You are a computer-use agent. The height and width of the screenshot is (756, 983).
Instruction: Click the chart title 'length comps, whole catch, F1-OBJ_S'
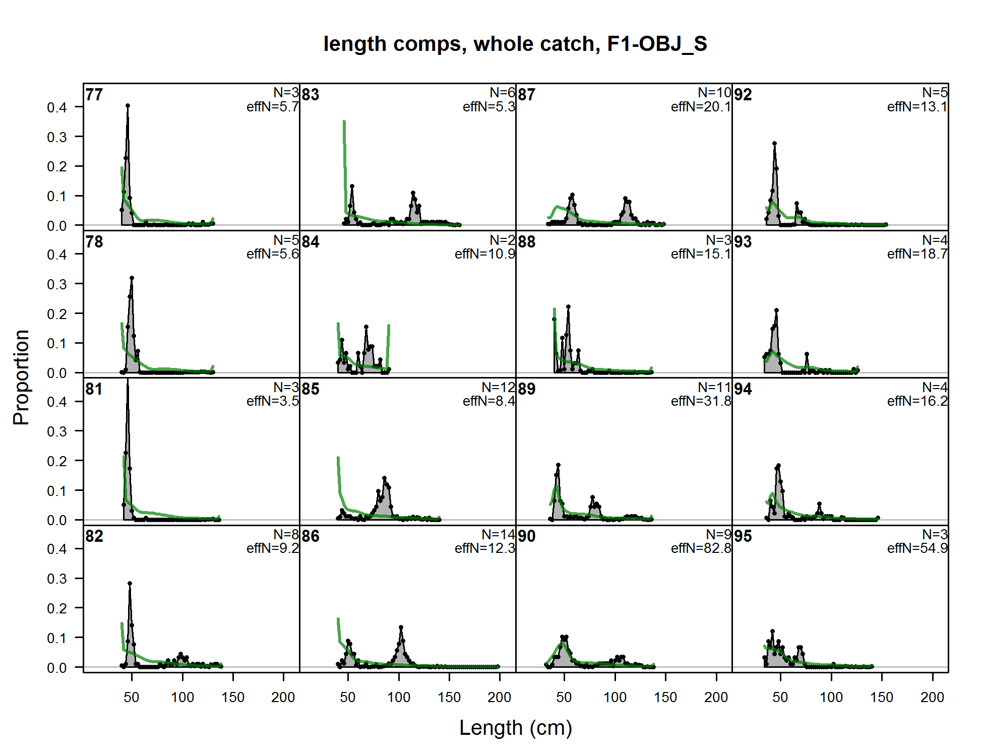point(515,44)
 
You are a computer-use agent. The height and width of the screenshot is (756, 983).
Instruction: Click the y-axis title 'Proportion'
point(21,377)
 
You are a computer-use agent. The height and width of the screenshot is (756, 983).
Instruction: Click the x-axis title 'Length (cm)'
point(515,728)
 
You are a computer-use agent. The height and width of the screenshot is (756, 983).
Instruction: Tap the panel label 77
point(94,95)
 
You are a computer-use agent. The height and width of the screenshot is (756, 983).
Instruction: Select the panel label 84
point(311,242)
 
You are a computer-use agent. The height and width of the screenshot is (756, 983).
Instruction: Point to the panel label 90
point(526,536)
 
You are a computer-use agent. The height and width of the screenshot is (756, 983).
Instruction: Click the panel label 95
point(743,536)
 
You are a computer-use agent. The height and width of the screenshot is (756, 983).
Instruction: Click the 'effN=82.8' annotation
point(701,548)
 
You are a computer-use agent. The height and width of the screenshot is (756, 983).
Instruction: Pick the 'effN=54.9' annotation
point(917,548)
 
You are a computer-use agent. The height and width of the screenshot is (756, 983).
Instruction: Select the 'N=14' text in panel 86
point(498,534)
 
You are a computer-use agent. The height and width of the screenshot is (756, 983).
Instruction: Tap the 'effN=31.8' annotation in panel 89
point(701,401)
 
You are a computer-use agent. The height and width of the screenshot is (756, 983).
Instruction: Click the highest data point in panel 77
point(128,106)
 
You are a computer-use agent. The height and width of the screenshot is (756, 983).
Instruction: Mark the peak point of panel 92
point(774,144)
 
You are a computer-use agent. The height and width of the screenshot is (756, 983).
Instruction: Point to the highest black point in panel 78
point(132,278)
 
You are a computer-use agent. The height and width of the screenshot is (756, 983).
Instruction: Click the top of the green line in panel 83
point(344,122)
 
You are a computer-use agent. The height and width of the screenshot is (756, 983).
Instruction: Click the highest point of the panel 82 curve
point(130,583)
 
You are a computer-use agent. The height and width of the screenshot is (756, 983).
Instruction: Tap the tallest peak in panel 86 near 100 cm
point(401,627)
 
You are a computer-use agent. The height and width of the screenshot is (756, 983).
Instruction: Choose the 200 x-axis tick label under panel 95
point(932,698)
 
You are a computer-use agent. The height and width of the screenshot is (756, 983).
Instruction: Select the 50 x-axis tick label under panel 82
point(132,698)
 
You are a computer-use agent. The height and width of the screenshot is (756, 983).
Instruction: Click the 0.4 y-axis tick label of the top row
point(57,107)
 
